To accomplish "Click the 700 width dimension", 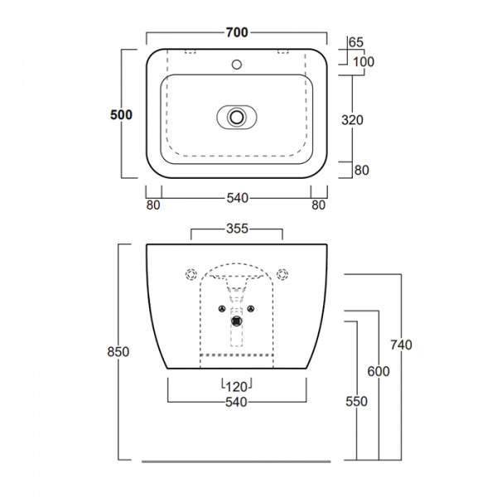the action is pyautogui.click(x=237, y=32).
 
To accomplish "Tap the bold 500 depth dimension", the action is pyautogui.click(x=121, y=114).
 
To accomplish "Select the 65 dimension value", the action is pyautogui.click(x=355, y=42).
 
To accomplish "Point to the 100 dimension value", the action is pyautogui.click(x=364, y=62).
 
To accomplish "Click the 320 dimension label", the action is pyautogui.click(x=352, y=120).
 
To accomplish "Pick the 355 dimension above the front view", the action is pyautogui.click(x=237, y=229).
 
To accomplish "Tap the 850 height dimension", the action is pyautogui.click(x=118, y=352).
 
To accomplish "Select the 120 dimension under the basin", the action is pyautogui.click(x=237, y=387).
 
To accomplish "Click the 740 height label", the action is pyautogui.click(x=401, y=345).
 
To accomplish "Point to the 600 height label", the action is pyautogui.click(x=379, y=371).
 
